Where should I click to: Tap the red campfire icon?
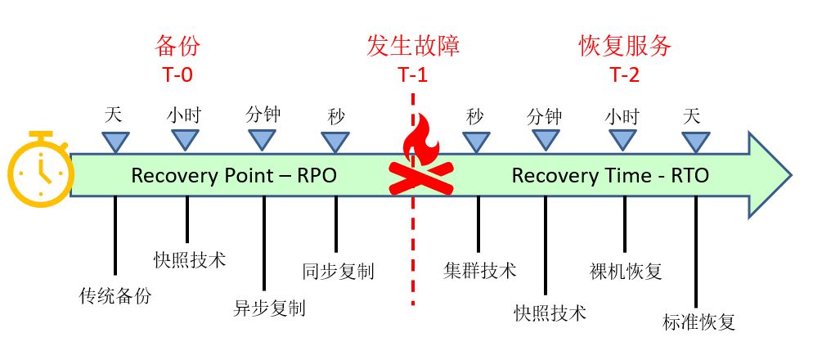(x=420, y=160)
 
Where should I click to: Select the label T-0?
(x=177, y=74)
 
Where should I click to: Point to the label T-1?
(x=413, y=74)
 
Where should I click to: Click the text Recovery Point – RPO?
(x=234, y=175)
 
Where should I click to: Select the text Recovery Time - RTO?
(x=610, y=175)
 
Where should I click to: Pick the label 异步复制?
(x=269, y=308)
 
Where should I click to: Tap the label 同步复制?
(x=338, y=271)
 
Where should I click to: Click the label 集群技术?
(x=480, y=270)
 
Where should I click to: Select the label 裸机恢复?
(x=626, y=271)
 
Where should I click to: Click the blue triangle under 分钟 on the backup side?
(x=262, y=140)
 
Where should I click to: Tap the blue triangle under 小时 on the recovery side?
(x=623, y=140)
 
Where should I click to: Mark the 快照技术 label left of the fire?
(x=190, y=260)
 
